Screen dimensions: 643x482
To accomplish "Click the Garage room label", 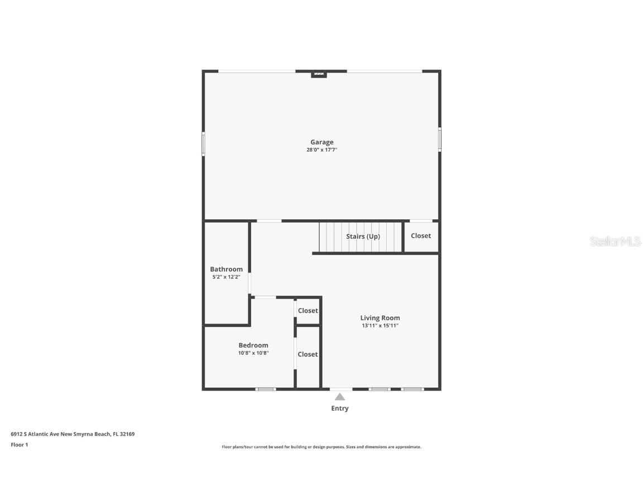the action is click(x=322, y=142).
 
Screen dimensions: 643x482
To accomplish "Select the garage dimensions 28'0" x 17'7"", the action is click(x=322, y=150).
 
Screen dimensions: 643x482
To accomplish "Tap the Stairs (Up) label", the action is click(x=363, y=237).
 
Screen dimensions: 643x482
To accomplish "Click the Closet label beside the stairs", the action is click(x=421, y=235).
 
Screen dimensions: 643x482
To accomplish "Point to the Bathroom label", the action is click(x=227, y=269).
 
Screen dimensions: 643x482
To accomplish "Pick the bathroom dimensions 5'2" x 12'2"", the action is click(x=227, y=277).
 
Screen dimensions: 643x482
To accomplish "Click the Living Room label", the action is click(x=380, y=318).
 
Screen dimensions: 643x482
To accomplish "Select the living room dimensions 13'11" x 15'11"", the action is click(x=380, y=326).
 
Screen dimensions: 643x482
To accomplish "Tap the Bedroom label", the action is click(x=253, y=345).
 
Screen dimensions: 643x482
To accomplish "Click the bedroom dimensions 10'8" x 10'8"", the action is click(x=253, y=353).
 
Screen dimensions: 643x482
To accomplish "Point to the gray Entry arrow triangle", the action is click(x=340, y=397).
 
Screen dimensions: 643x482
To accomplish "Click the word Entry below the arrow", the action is click(x=340, y=408).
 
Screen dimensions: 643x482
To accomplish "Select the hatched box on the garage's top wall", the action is click(x=319, y=74).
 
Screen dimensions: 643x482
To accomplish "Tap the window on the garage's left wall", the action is click(x=203, y=144).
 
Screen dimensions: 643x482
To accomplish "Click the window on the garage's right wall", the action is click(x=440, y=139).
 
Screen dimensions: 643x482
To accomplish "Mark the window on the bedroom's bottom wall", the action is click(x=266, y=389).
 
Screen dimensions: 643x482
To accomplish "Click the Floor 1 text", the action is click(x=20, y=445).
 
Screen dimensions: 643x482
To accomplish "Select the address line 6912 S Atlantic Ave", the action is click(x=73, y=434).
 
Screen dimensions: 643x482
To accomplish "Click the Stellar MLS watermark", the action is click(x=615, y=242).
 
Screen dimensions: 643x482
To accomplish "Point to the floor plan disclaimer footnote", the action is click(x=321, y=447).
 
